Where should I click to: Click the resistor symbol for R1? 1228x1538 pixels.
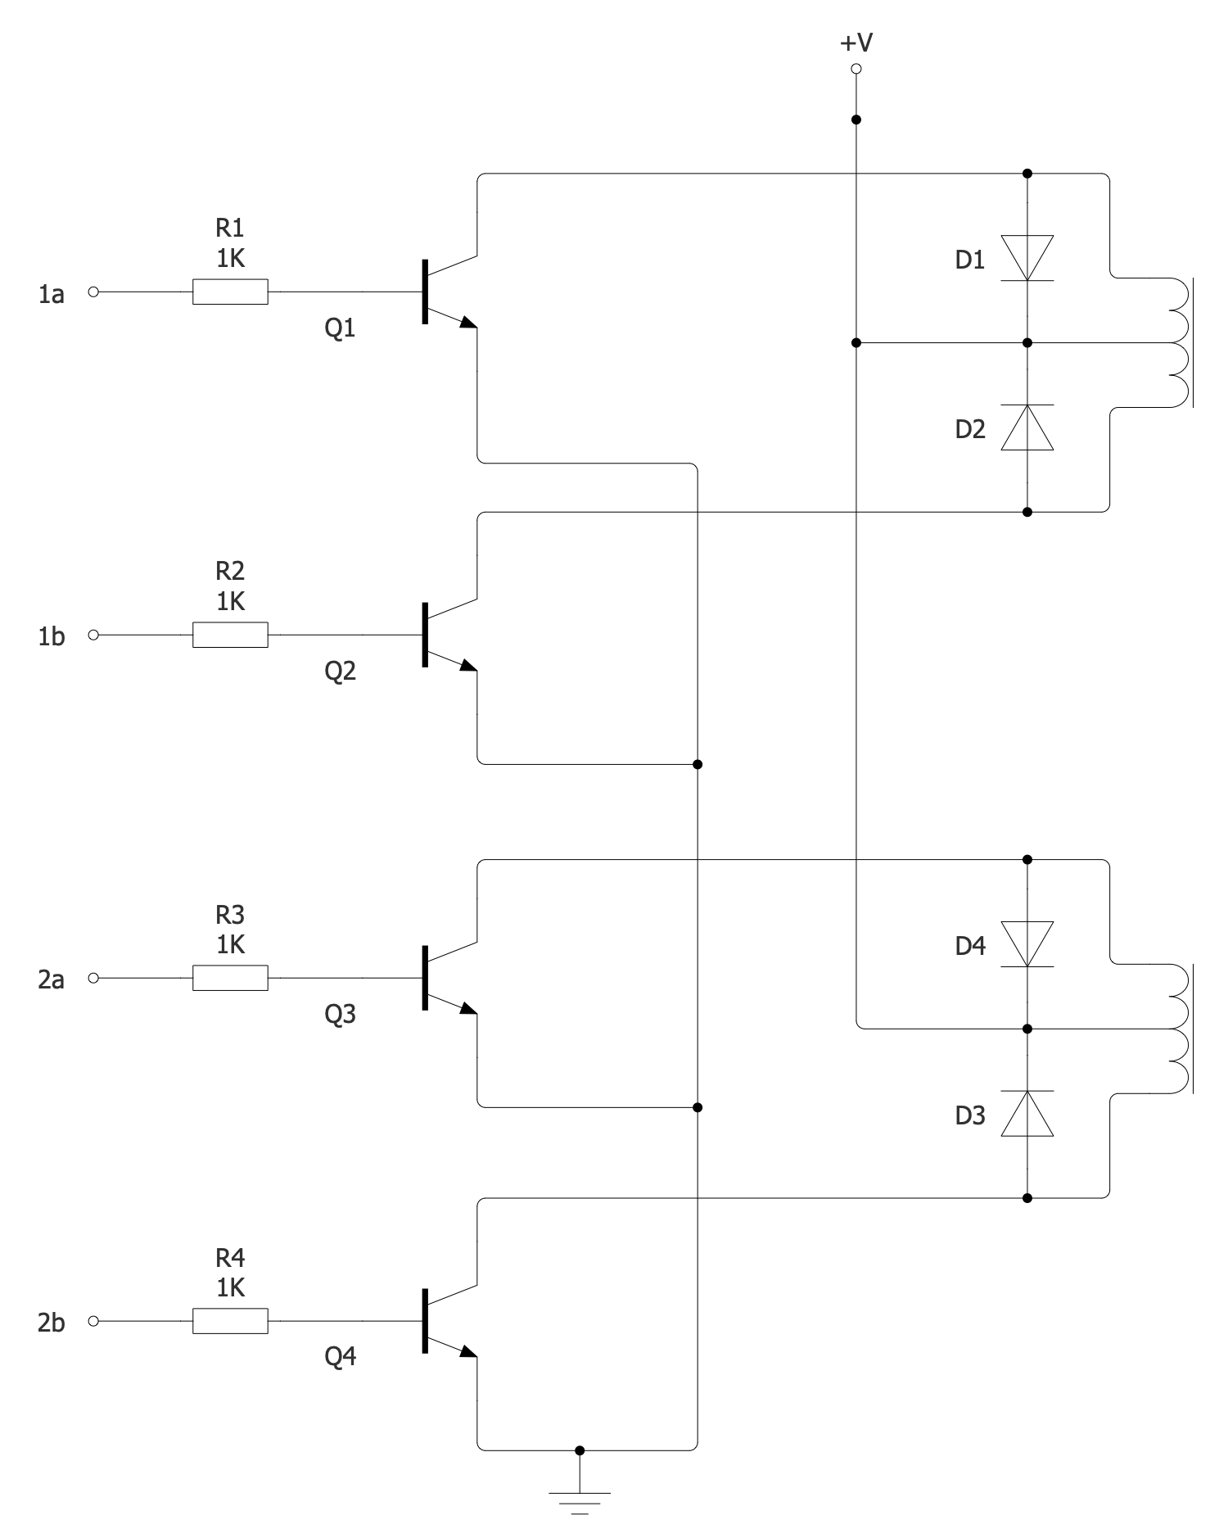click(230, 292)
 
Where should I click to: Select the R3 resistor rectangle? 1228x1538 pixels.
click(230, 978)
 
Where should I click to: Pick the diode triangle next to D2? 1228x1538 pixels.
click(1027, 427)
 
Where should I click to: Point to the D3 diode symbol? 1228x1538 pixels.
click(1027, 1114)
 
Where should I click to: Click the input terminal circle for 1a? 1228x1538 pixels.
click(93, 292)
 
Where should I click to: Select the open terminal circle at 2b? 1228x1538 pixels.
click(93, 1321)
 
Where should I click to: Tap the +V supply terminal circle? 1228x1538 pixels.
click(856, 69)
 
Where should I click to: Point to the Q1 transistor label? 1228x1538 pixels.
click(341, 328)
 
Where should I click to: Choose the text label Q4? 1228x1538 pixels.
click(341, 1357)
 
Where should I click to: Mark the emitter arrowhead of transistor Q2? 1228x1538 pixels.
click(467, 665)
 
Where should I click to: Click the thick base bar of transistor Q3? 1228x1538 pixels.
click(425, 978)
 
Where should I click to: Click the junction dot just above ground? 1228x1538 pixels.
click(580, 1450)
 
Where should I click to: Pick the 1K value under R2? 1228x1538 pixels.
click(230, 602)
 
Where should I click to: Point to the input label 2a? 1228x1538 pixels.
click(51, 979)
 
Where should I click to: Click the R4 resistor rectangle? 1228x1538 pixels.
click(230, 1321)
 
